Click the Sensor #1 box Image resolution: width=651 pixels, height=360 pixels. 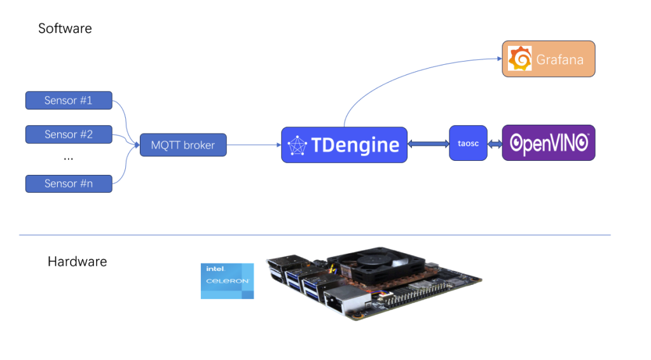coord(69,100)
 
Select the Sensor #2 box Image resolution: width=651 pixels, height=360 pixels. coord(69,134)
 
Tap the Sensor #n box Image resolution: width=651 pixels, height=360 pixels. coord(69,183)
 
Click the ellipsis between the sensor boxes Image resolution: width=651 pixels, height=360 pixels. coord(69,158)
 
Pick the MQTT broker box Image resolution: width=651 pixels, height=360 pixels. coord(183,145)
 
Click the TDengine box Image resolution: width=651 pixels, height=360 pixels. coord(344,145)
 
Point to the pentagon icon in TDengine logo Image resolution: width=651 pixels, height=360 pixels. coord(298,146)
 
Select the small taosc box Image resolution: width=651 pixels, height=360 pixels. coord(468,144)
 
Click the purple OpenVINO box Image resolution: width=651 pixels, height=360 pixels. coord(548,143)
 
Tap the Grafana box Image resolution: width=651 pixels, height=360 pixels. coord(548,59)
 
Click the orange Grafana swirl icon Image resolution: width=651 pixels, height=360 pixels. coord(520,59)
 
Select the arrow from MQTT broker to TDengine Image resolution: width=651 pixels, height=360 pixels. coord(254,145)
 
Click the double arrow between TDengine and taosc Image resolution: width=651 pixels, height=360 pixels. coord(428,144)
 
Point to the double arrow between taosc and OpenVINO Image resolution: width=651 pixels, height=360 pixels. coord(494,144)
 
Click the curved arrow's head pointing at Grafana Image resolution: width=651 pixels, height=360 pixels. coord(497,59)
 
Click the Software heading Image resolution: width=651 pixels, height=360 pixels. coord(65,29)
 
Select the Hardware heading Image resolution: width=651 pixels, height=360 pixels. coord(77,261)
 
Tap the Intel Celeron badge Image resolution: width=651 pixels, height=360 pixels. coord(227,280)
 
